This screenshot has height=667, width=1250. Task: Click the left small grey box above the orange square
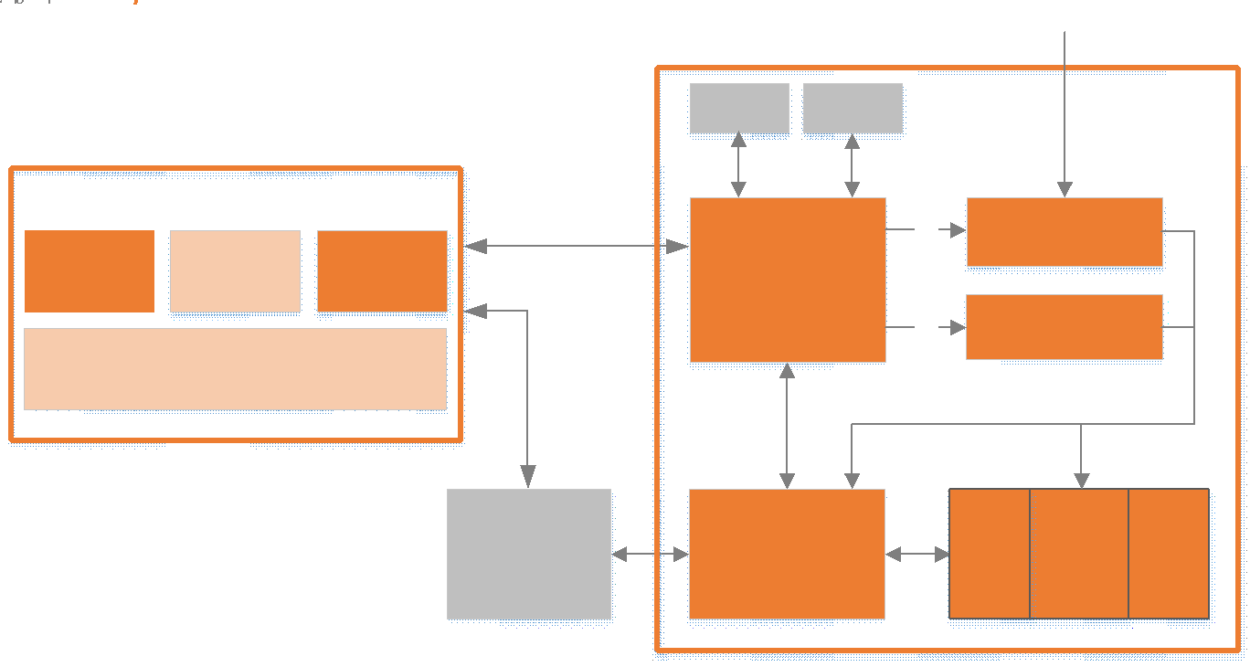(x=739, y=109)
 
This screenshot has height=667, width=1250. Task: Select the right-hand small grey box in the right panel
(x=853, y=109)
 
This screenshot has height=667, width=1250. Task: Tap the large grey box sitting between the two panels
(x=529, y=554)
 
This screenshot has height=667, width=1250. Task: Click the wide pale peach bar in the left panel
(x=235, y=368)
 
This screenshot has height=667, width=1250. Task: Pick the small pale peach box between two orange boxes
(x=235, y=271)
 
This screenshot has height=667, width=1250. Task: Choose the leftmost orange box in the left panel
(x=90, y=271)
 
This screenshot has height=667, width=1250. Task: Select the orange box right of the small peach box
(x=382, y=271)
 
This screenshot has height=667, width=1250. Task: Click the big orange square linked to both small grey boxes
(x=788, y=280)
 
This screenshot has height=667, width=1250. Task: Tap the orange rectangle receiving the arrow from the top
(x=1065, y=232)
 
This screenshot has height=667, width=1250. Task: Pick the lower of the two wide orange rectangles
(x=1065, y=327)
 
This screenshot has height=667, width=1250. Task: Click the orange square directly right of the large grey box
(x=787, y=554)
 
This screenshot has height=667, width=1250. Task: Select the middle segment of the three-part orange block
(x=1079, y=554)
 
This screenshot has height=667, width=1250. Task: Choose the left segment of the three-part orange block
(x=990, y=554)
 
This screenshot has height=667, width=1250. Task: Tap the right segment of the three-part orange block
(x=1169, y=554)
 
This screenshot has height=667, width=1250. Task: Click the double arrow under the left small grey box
(x=739, y=165)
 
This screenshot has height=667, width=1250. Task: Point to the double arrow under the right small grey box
(x=853, y=165)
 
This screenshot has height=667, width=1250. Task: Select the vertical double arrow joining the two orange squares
(x=788, y=426)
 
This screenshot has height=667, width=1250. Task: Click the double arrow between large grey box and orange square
(x=650, y=554)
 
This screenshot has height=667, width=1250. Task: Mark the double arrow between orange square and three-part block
(x=917, y=554)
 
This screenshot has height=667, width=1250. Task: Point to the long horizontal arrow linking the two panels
(x=577, y=246)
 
